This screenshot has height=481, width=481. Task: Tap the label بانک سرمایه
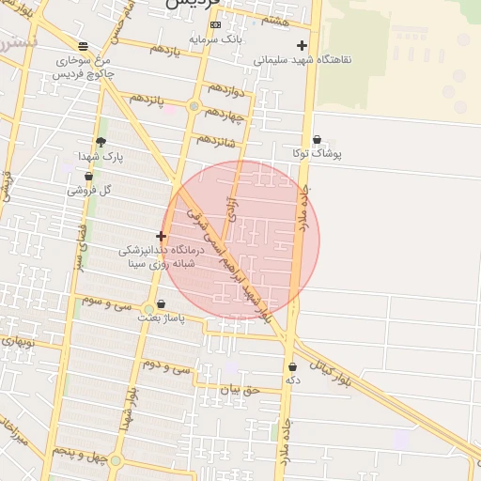tap(215, 39)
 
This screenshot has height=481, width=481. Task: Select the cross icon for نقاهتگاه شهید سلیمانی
tap(302, 45)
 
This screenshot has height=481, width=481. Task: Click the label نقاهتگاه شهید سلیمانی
tap(303, 59)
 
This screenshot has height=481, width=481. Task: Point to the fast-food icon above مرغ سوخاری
tap(84, 46)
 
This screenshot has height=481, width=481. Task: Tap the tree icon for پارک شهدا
tap(101, 142)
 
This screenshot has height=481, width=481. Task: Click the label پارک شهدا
tap(101, 156)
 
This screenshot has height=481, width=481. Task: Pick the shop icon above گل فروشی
tap(89, 176)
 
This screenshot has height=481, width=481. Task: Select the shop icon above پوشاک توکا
tap(317, 139)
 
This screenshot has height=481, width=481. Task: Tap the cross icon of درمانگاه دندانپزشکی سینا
tap(162, 237)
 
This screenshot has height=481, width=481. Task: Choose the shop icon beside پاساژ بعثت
tap(162, 304)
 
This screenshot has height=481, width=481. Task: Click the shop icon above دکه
tap(292, 367)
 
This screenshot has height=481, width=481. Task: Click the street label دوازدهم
tap(226, 93)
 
